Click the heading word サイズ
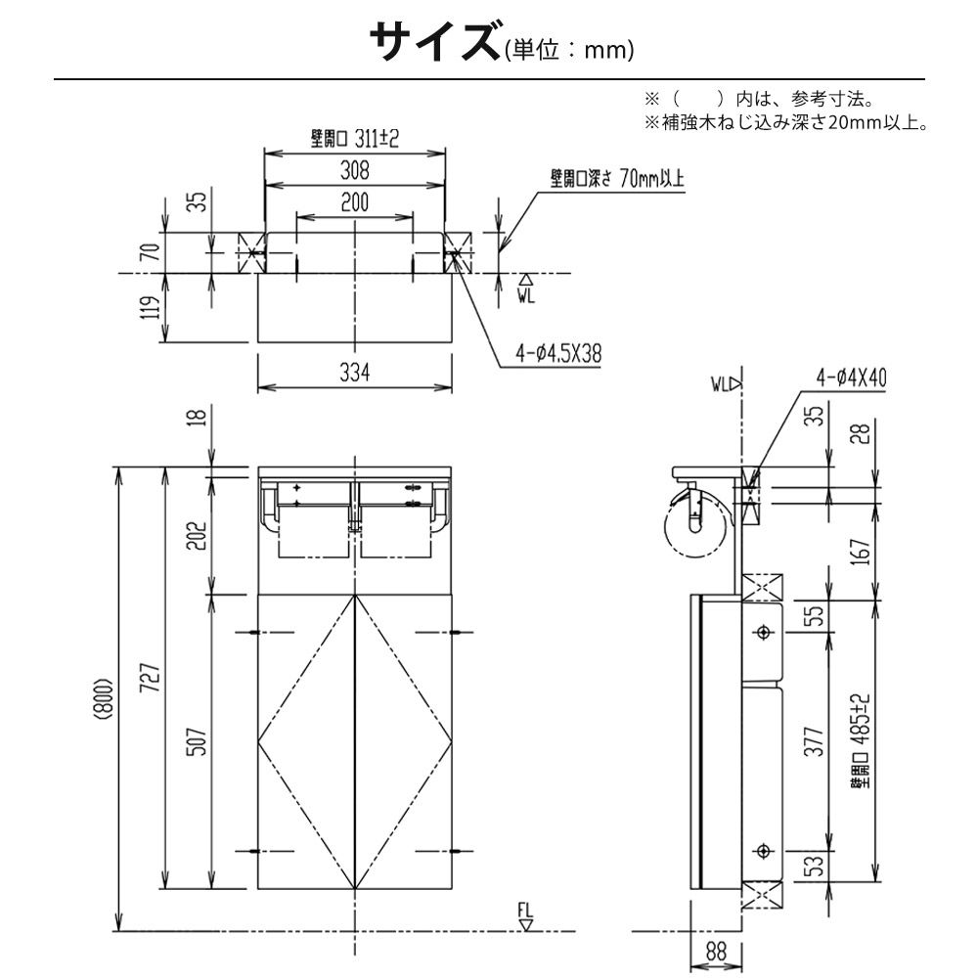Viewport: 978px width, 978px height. pos(435,41)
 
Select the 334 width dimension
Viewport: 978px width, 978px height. pos(354,373)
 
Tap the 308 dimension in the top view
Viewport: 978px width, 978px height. pos(354,169)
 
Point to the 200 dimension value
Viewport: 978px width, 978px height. pos(354,202)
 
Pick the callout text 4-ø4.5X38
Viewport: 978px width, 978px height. pos(558,354)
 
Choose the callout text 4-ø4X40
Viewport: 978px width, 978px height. pos(852,378)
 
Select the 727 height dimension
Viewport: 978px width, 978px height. pos(152,678)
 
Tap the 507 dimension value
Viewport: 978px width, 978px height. pos(198,741)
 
